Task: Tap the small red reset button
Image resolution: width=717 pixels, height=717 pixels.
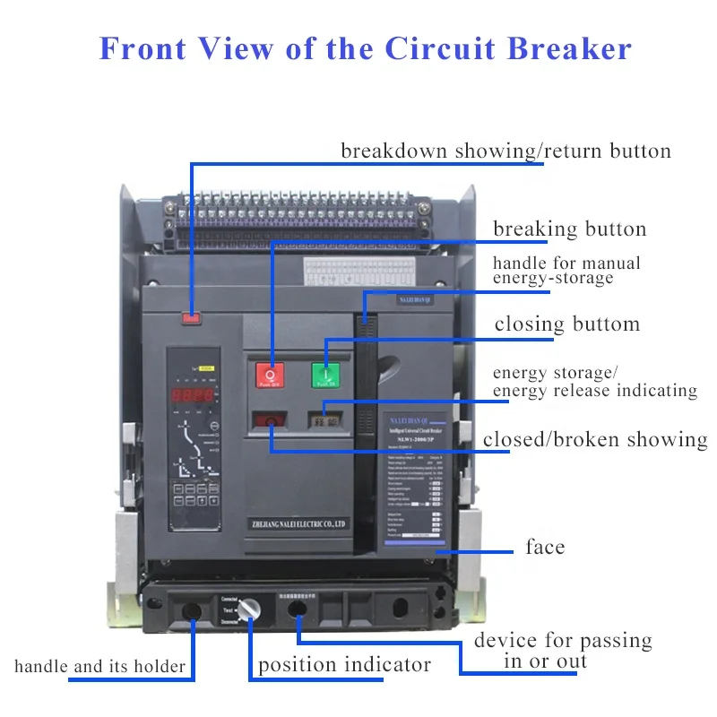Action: coord(191,316)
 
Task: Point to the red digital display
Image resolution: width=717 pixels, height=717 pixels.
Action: coord(194,394)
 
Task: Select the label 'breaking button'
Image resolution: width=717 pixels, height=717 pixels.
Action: coord(569,229)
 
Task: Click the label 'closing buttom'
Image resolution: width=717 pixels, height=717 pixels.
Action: coord(567,324)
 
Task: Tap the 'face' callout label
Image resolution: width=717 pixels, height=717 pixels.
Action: coord(545,547)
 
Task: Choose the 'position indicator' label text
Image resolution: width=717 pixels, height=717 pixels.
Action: coord(344,665)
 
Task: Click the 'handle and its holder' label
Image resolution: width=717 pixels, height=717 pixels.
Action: coord(100,666)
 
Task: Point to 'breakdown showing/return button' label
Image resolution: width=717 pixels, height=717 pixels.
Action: coord(505,151)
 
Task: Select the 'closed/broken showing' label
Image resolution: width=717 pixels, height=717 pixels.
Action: coord(595,439)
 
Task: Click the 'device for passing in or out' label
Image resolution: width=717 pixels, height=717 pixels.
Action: coord(562,651)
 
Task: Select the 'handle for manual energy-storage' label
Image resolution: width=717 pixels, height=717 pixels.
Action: coord(566,271)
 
